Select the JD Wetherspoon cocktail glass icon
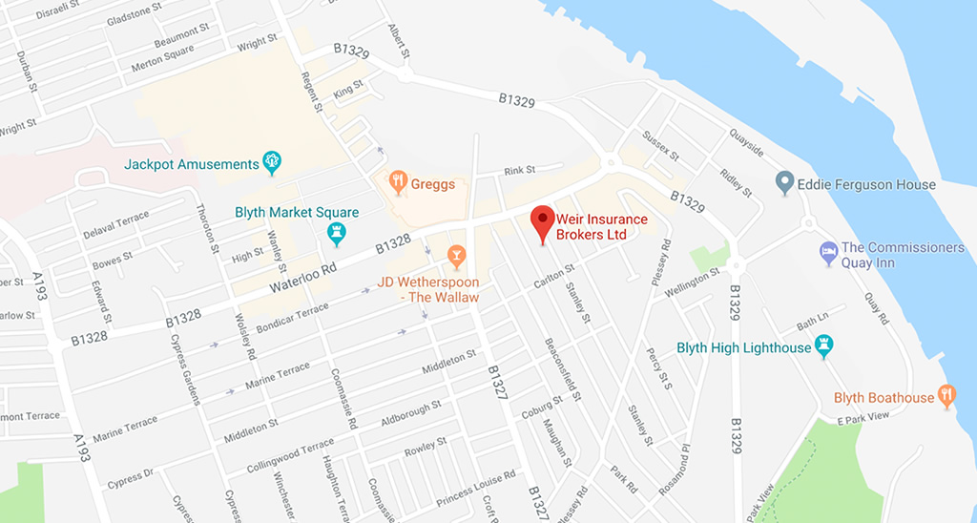pyautogui.click(x=456, y=255)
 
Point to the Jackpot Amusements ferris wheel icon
pyautogui.click(x=273, y=163)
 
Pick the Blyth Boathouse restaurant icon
pyautogui.click(x=946, y=396)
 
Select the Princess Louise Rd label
pyautogui.click(x=474, y=488)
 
